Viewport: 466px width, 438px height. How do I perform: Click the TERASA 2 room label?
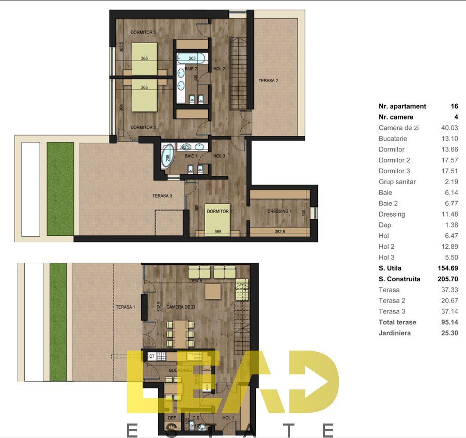pyautogui.click(x=268, y=81)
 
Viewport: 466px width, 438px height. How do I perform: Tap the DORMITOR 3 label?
pyautogui.click(x=143, y=32)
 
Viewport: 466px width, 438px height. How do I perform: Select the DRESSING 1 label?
pyautogui.click(x=279, y=212)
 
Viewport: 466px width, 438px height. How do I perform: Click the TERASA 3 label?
pyautogui.click(x=162, y=195)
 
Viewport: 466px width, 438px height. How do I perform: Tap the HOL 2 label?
pyautogui.click(x=219, y=68)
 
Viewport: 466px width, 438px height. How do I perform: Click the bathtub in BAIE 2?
pyautogui.click(x=192, y=58)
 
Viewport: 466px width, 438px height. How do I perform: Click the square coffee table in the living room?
pyautogui.click(x=214, y=292)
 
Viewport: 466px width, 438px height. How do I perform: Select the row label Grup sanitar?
pyautogui.click(x=397, y=182)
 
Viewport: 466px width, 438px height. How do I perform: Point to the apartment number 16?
pyautogui.click(x=454, y=106)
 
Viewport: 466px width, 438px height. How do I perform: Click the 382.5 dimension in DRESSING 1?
pyautogui.click(x=279, y=232)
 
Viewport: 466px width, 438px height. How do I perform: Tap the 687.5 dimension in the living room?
pyautogui.click(x=196, y=281)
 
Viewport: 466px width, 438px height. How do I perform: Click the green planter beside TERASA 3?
pyautogui.click(x=60, y=188)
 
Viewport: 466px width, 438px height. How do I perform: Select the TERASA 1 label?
pyautogui.click(x=125, y=307)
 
